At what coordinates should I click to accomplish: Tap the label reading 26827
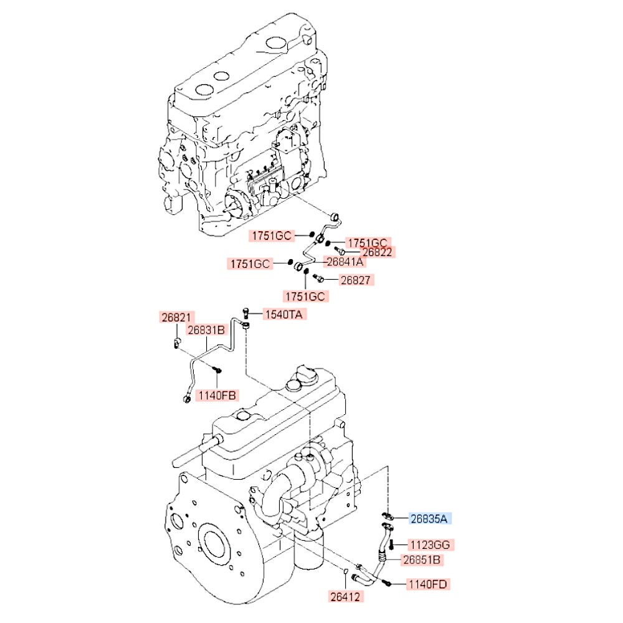click(357, 280)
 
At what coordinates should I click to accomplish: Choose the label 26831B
click(206, 330)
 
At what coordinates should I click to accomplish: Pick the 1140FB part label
click(217, 394)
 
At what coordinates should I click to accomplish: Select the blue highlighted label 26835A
click(430, 518)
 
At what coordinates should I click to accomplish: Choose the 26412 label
click(345, 597)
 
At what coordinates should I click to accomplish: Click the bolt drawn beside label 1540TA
click(247, 311)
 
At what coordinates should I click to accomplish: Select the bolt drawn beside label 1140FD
click(387, 584)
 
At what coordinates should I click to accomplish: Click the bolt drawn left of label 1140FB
click(217, 370)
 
